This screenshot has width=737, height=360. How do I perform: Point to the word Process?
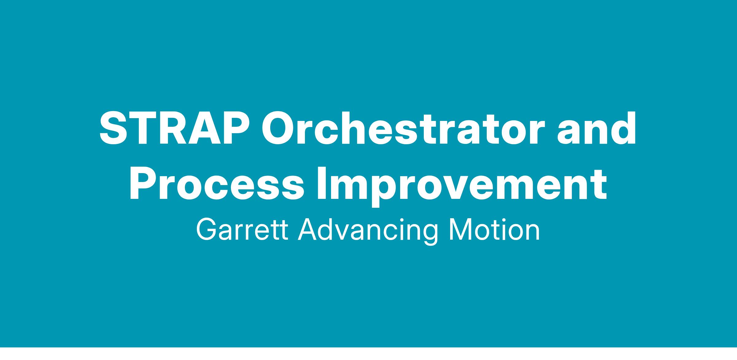(217, 183)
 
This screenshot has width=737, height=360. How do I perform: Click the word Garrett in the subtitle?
(242, 230)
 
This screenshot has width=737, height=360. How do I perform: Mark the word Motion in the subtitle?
(494, 230)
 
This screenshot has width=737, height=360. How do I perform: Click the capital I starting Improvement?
(322, 183)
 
